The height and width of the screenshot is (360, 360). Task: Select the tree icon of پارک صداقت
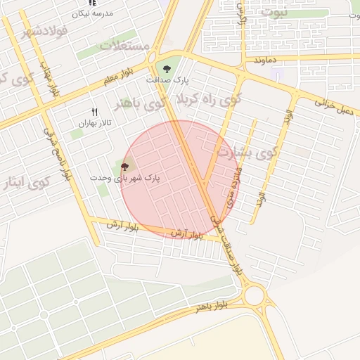tap(166, 69)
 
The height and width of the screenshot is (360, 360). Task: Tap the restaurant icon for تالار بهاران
tap(94, 112)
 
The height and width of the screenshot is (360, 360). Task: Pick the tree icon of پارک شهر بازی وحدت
tap(125, 167)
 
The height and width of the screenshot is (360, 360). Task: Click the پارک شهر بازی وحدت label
tap(125, 178)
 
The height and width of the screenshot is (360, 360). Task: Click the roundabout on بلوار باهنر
tap(254, 295)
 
